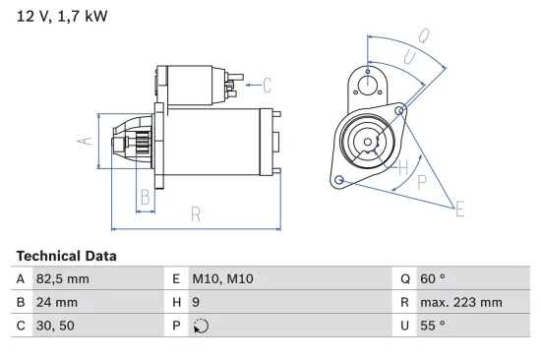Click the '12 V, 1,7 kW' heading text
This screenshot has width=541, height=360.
pos(62,17)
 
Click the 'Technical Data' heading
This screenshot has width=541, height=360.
pos(66,256)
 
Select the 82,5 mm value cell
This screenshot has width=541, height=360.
pos(63,279)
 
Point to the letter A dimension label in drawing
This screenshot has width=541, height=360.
pos(86,141)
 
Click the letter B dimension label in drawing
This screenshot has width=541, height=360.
pos(145,196)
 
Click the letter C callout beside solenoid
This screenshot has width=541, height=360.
pos(266,85)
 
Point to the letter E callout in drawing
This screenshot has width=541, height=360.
pos(459,207)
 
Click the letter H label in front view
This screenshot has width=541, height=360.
pos(400,166)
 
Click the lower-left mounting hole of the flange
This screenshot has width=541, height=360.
pos(339,180)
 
